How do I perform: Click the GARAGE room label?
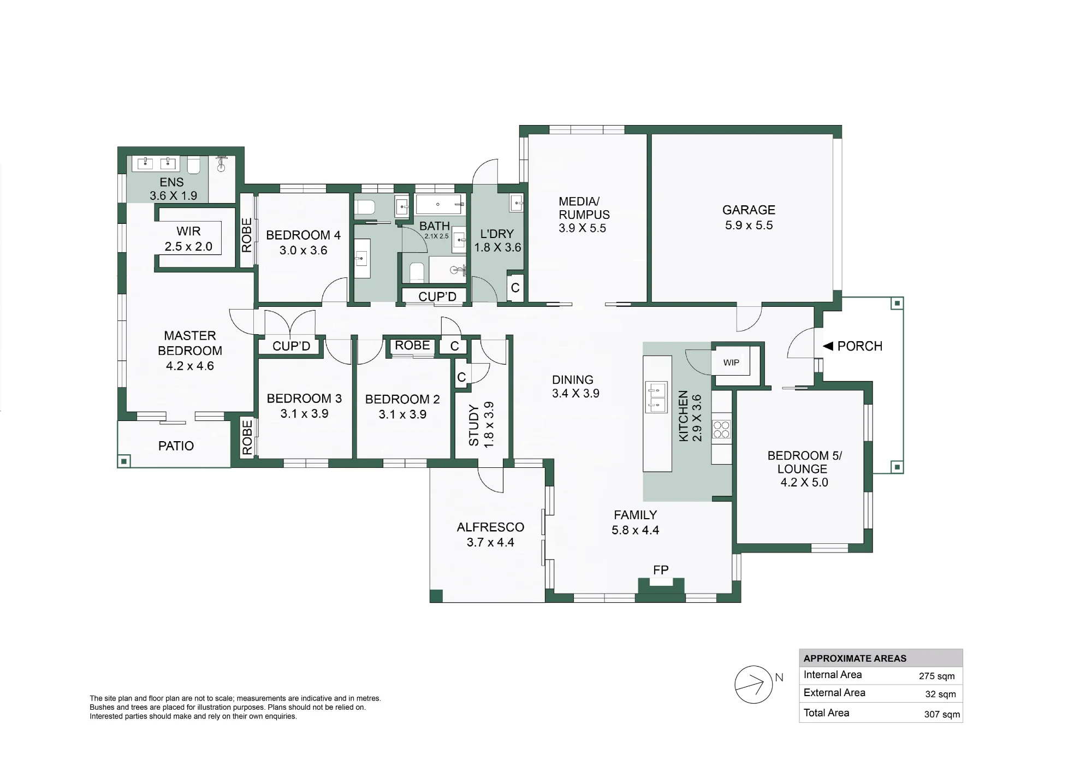pos(749,210)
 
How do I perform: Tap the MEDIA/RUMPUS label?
pos(584,208)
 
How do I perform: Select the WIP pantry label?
pos(731,363)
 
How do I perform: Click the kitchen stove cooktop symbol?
pos(721,429)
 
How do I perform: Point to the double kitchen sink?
pos(656,396)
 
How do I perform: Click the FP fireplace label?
pos(661,570)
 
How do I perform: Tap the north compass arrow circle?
pos(753,685)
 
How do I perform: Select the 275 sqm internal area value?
pos(937,676)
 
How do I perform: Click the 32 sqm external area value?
pos(941,694)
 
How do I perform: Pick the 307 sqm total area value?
pos(942,714)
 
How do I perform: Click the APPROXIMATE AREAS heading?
pos(855,658)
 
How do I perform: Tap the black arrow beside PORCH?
pos(828,346)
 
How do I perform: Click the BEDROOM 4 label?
pos(303,235)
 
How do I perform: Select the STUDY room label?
pos(474,425)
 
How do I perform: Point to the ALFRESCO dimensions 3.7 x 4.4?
pos(490,542)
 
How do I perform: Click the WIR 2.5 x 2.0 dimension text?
pos(188,247)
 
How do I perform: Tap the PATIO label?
pos(176,446)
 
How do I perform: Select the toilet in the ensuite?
pos(194,164)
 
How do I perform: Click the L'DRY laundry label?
pos(497,234)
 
